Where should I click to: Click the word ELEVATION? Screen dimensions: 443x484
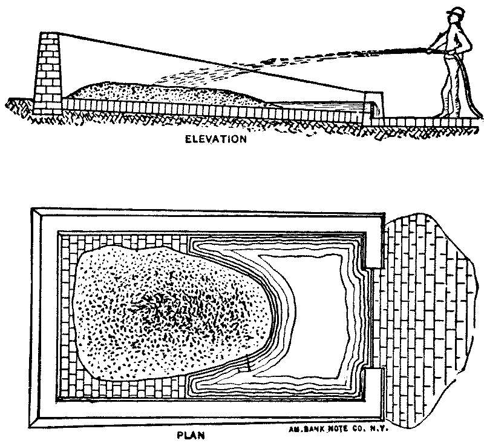[217, 139]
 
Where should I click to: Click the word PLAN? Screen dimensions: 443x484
[191, 435]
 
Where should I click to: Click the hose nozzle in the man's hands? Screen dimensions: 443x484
[427, 51]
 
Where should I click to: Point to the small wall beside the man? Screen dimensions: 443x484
[374, 107]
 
